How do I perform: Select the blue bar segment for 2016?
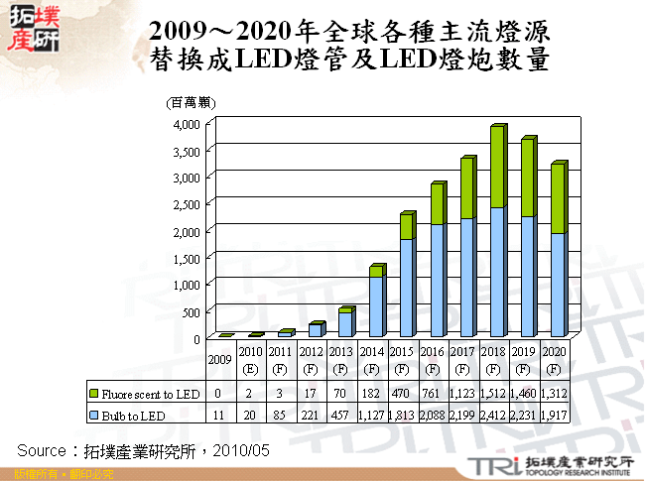point(436,280)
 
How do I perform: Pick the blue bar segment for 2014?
point(375,305)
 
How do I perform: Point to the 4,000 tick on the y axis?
point(187,124)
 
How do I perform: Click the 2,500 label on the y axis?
point(187,204)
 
